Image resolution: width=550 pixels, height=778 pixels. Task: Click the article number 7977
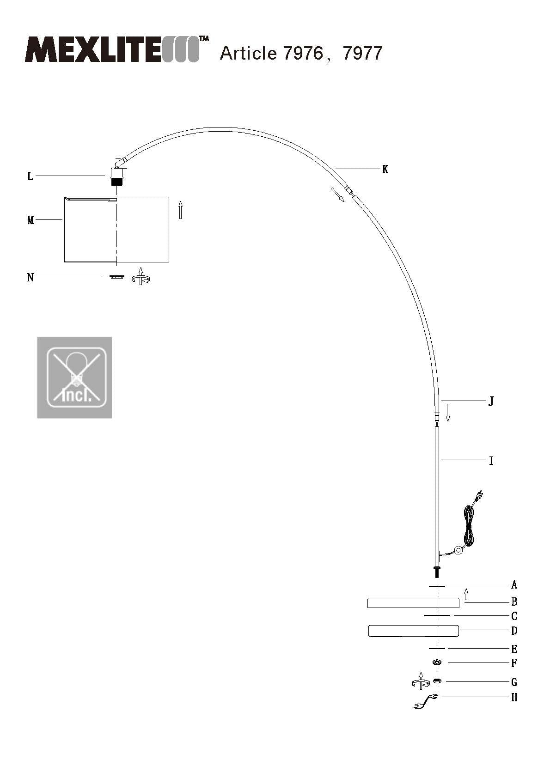coord(362,54)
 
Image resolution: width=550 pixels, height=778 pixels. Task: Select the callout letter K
coord(385,170)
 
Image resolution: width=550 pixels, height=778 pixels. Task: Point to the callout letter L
coord(31,176)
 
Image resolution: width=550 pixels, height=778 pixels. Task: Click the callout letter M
coord(31,220)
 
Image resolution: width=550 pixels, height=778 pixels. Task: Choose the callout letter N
coord(31,278)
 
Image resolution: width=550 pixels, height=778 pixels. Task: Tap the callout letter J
coord(491,401)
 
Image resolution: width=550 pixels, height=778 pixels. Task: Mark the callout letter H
coord(514,698)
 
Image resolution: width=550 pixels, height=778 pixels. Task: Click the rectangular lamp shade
coord(116,229)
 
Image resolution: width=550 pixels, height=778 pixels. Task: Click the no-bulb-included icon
coord(74,377)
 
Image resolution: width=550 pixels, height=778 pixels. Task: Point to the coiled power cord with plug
coord(471,524)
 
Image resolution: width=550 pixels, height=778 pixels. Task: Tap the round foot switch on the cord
coord(458,550)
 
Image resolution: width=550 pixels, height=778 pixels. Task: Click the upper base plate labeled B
coord(413,602)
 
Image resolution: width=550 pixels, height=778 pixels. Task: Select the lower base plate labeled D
coord(413,631)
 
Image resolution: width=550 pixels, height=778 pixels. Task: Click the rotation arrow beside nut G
coord(420,681)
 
